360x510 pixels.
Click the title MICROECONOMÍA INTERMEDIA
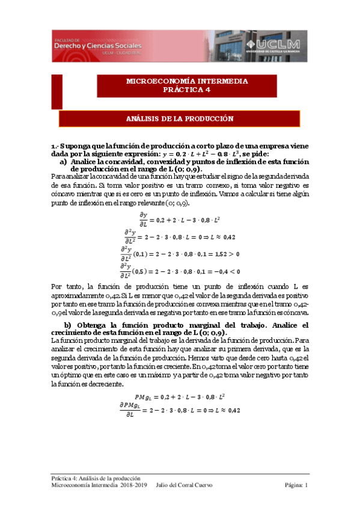(187, 81)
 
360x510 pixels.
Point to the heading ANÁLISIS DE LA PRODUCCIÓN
(188, 119)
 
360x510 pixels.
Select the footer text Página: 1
(296, 485)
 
